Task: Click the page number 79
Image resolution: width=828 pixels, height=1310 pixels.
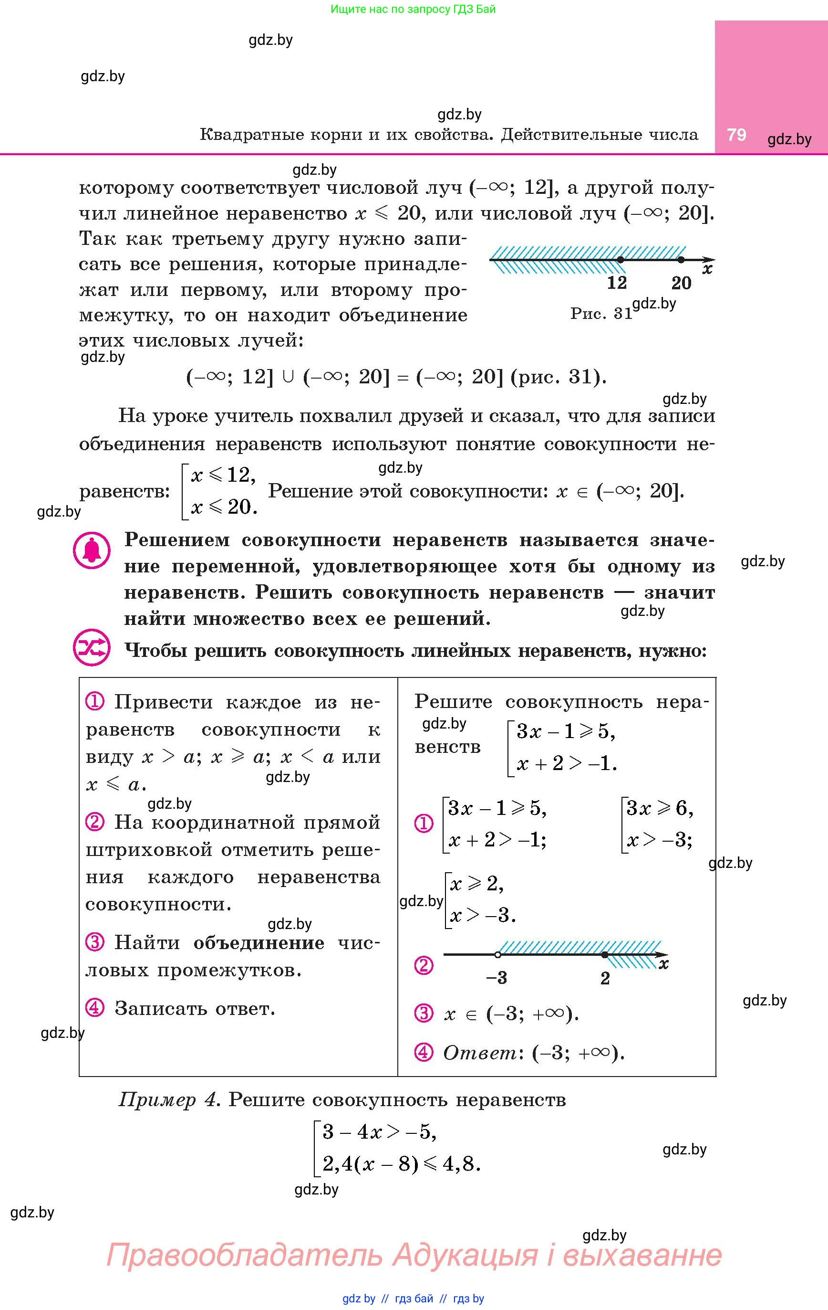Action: point(737,135)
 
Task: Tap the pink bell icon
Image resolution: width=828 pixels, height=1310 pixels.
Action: point(92,550)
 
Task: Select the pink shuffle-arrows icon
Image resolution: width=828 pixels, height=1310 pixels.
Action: point(92,647)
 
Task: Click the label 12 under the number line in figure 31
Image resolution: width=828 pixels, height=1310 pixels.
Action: point(617,283)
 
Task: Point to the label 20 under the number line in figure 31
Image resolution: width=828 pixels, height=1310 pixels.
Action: point(681,283)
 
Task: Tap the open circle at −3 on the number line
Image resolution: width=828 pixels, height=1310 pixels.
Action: point(498,955)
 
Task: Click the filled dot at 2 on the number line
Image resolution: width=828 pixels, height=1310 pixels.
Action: point(605,955)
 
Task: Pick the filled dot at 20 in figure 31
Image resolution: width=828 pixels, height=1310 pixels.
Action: point(681,260)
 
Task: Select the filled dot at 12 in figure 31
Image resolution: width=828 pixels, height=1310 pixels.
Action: point(621,260)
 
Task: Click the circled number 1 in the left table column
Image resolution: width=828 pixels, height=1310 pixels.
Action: point(94,702)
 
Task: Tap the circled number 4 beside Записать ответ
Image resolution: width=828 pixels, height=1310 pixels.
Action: point(94,1008)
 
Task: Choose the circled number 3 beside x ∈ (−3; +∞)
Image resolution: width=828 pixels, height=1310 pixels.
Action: point(424,1013)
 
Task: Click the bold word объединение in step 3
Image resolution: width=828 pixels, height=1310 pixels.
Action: point(259,942)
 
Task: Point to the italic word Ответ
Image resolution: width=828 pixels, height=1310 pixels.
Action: point(479,1053)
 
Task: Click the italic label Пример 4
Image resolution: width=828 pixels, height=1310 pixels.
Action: point(169,1100)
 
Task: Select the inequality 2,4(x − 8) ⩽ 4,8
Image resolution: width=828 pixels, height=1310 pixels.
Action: point(401,1163)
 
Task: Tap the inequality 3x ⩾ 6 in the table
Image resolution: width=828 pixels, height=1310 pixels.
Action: point(659,808)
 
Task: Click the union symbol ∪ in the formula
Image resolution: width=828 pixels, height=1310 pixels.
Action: point(288,377)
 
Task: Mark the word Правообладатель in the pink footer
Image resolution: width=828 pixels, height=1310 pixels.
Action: point(245,1255)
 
